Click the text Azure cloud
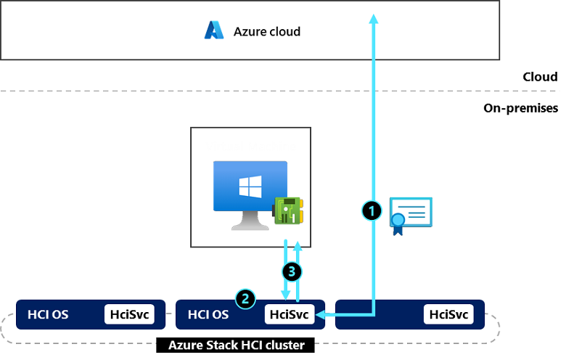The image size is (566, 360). coord(266,31)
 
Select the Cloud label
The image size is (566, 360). coord(540,77)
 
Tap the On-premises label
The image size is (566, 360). coord(520,108)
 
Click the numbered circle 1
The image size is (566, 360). coord(372,210)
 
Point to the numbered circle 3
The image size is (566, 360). coord(292,272)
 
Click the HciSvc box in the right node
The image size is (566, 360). coord(448,314)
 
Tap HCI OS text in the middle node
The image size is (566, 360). coord(208,314)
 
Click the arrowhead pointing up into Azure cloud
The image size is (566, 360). coord(374,19)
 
